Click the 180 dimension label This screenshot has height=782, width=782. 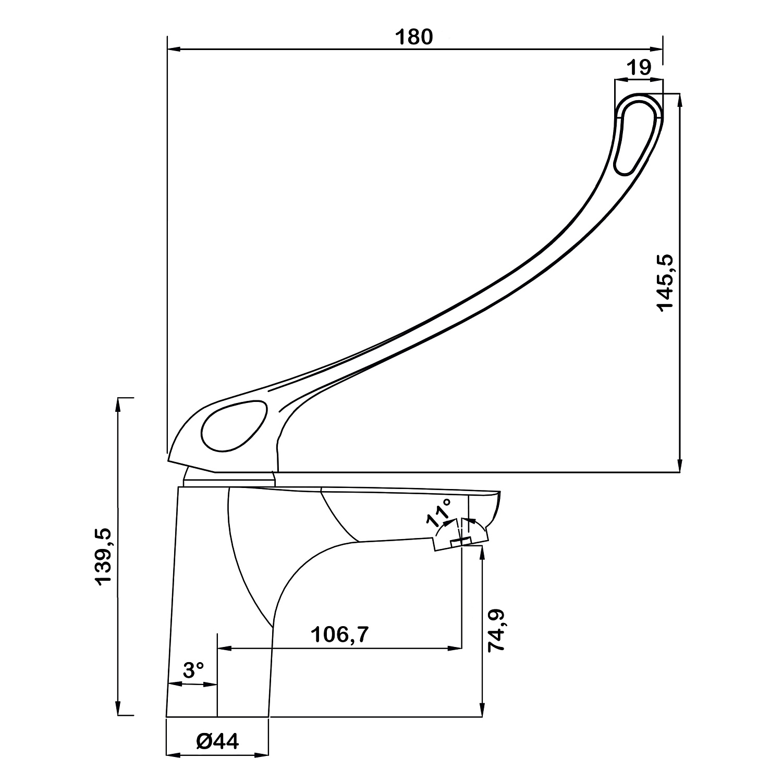coord(414,38)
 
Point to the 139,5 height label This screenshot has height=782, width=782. coord(104,556)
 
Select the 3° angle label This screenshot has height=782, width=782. coord(193,670)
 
